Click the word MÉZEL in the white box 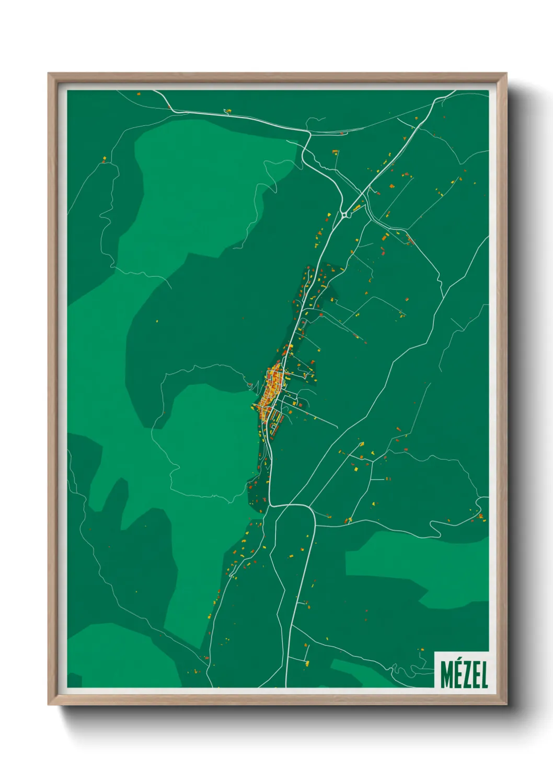coord(464,675)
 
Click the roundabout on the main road coord(344,214)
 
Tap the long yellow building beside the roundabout coord(358,207)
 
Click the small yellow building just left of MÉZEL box coord(421,650)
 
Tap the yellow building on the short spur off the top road coord(227,111)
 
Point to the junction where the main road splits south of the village coord(271,506)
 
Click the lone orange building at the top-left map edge coord(139,94)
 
